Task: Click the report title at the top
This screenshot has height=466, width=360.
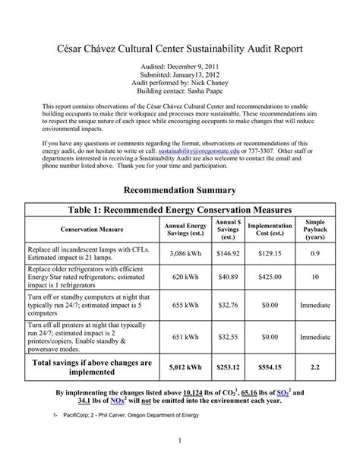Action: coord(180,48)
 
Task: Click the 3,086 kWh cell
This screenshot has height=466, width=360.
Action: coord(185,252)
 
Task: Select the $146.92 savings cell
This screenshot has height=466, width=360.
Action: coord(228,252)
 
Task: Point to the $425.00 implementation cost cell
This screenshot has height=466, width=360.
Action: coord(270,278)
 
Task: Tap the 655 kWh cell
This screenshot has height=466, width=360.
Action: coord(185,305)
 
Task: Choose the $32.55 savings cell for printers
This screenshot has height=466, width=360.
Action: coord(228,335)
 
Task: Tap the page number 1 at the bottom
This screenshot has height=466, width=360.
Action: coord(180,440)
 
